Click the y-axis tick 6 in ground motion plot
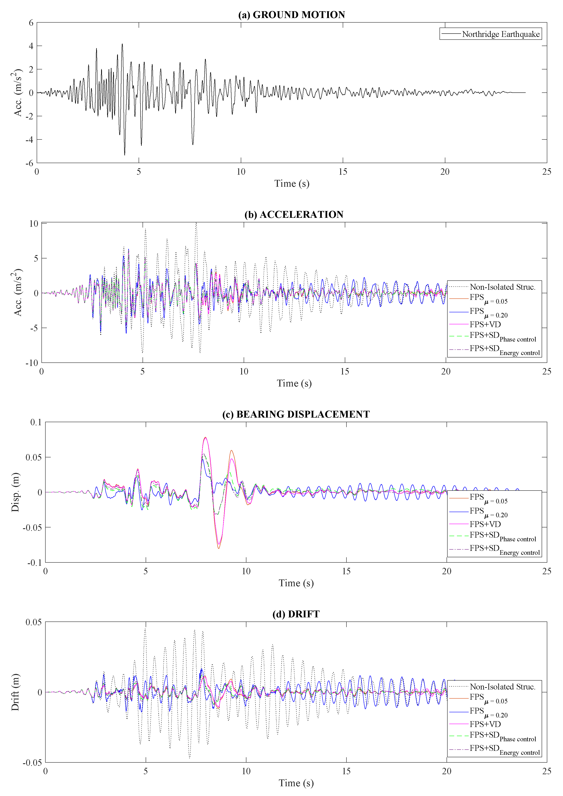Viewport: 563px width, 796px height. pos(31,23)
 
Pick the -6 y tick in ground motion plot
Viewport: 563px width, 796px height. pos(29,163)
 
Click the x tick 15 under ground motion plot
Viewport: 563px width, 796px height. pos(343,172)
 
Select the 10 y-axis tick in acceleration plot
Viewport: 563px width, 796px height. pos(34,224)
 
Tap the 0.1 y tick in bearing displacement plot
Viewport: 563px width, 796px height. pos(36,422)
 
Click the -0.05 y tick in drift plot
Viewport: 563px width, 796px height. pos(32,762)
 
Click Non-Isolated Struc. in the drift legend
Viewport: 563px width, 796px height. pos(502,686)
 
